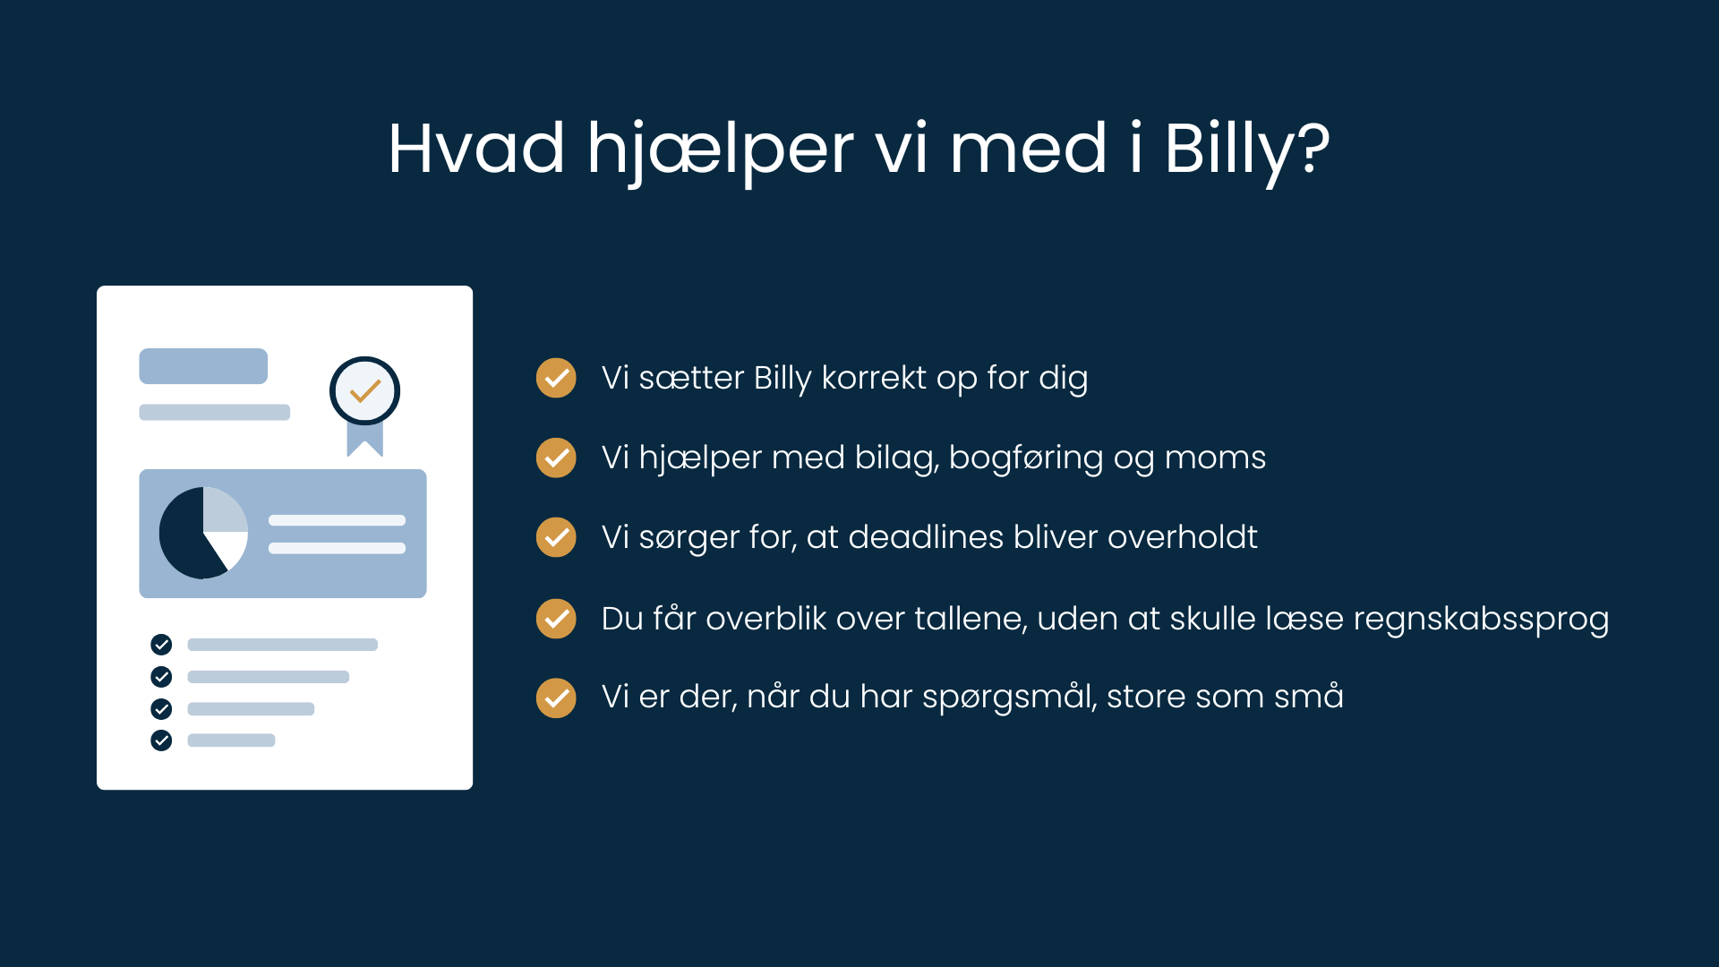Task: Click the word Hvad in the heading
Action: click(x=476, y=149)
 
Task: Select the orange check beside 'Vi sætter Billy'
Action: click(x=556, y=378)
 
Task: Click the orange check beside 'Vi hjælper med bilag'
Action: click(x=556, y=458)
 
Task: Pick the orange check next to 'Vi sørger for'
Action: click(x=556, y=537)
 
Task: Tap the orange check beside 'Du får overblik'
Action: click(x=556, y=619)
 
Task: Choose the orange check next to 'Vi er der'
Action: click(x=556, y=697)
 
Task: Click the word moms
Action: click(x=1215, y=458)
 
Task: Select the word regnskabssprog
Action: click(x=1481, y=620)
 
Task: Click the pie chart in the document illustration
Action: click(x=203, y=533)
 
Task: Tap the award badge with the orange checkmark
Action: click(x=364, y=391)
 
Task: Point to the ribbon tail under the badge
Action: click(x=364, y=439)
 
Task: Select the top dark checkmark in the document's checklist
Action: click(x=161, y=645)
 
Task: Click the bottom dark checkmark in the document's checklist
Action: click(x=161, y=740)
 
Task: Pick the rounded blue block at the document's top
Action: click(x=203, y=366)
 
